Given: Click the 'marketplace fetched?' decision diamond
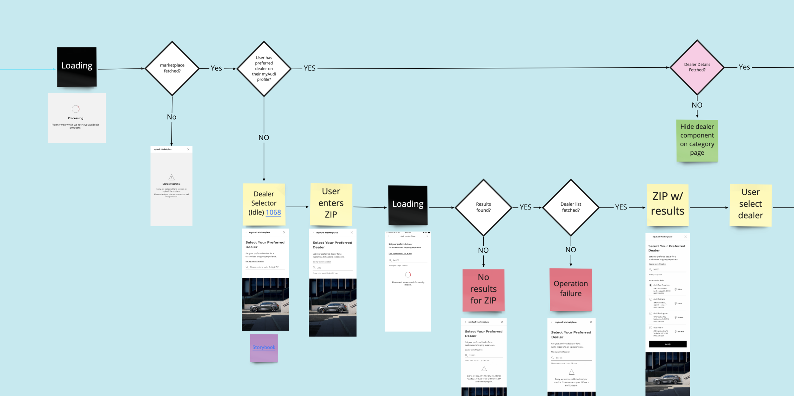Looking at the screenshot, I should (172, 68).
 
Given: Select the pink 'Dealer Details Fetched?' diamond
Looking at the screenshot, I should (697, 67).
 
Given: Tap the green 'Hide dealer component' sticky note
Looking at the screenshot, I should (697, 140).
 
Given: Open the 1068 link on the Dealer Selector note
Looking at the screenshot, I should (273, 212).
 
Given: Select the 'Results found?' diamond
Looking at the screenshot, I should (483, 207).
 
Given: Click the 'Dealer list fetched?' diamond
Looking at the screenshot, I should (570, 207).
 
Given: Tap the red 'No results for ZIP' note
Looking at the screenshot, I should (483, 289).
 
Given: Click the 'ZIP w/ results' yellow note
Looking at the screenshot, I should (667, 204).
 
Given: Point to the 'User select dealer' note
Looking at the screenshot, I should (750, 204).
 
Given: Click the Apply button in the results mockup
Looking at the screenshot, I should (668, 344).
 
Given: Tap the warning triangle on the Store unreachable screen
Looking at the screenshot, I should (172, 177).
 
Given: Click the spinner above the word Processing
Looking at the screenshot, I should (76, 109).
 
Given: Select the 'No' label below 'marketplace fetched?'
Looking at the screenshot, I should (172, 117).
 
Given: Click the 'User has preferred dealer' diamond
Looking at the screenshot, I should (264, 68).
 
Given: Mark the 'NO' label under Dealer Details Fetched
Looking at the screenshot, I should (697, 105).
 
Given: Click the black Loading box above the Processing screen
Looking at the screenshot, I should (77, 66).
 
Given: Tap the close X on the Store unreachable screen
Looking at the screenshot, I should (188, 149).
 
